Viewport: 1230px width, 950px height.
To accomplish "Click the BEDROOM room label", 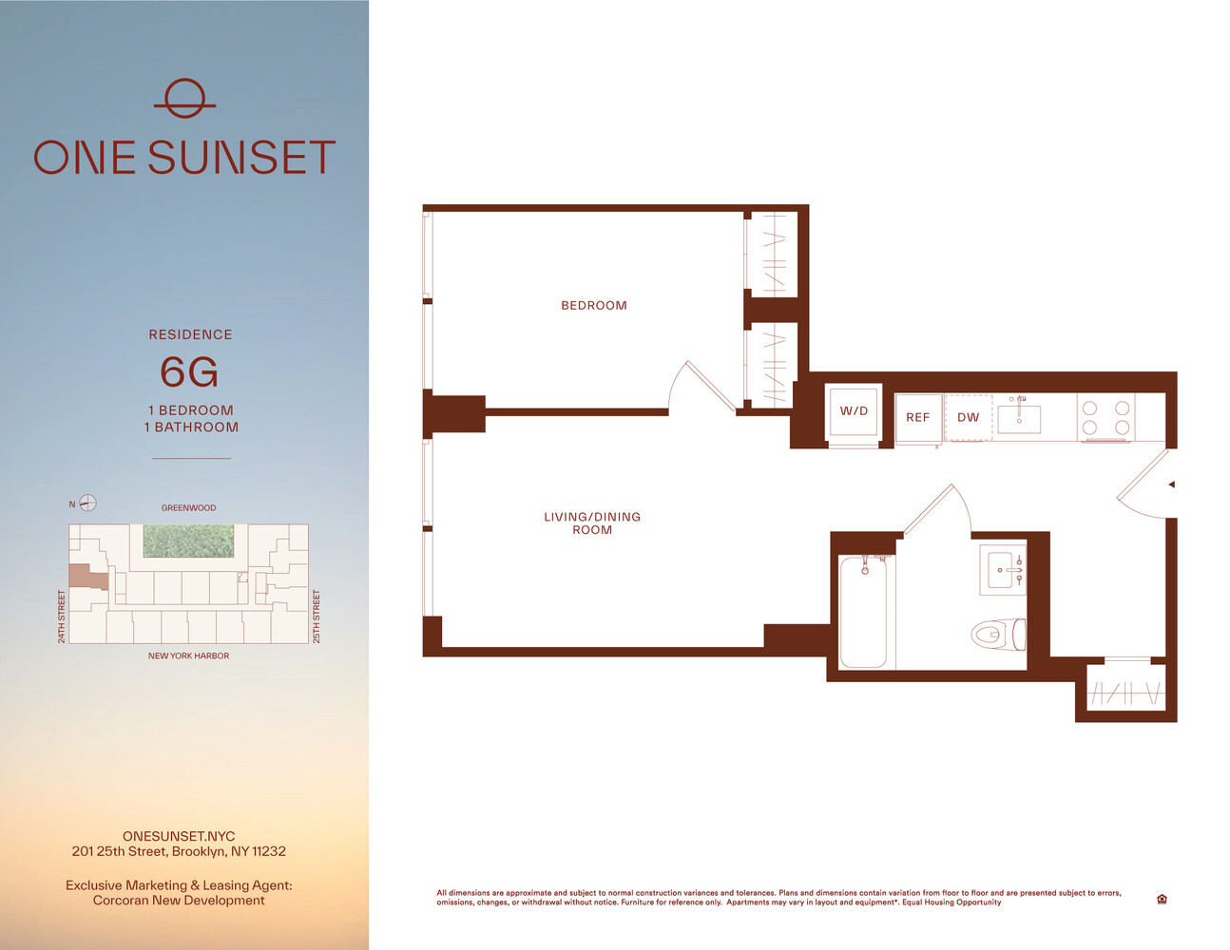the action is pyautogui.click(x=594, y=305).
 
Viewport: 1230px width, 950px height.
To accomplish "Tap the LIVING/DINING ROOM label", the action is pyautogui.click(x=592, y=523).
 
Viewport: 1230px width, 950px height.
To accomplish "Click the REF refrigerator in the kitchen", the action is pyautogui.click(x=918, y=417).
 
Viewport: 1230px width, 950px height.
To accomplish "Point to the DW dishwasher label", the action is pyautogui.click(x=968, y=417).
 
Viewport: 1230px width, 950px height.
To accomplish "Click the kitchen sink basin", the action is pyautogui.click(x=1019, y=419).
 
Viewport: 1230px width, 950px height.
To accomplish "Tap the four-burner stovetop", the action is pyautogui.click(x=1106, y=417).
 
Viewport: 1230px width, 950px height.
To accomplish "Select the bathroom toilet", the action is pyautogui.click(x=998, y=634).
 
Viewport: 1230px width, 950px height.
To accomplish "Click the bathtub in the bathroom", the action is pyautogui.click(x=863, y=611).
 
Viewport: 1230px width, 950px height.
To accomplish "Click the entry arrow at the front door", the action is pyautogui.click(x=1172, y=484).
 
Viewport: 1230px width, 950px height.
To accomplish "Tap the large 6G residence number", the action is pyautogui.click(x=189, y=372).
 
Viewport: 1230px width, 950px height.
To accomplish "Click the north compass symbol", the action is pyautogui.click(x=87, y=503).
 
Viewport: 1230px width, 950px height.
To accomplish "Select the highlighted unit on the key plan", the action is pyautogui.click(x=85, y=577).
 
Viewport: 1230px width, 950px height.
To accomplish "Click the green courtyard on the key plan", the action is pyautogui.click(x=188, y=541).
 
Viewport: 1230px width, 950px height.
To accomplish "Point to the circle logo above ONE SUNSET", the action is pyautogui.click(x=185, y=99).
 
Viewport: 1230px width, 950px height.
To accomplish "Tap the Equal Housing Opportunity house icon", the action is pyautogui.click(x=1162, y=899).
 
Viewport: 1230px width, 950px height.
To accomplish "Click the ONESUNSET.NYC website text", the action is pyautogui.click(x=179, y=836).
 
